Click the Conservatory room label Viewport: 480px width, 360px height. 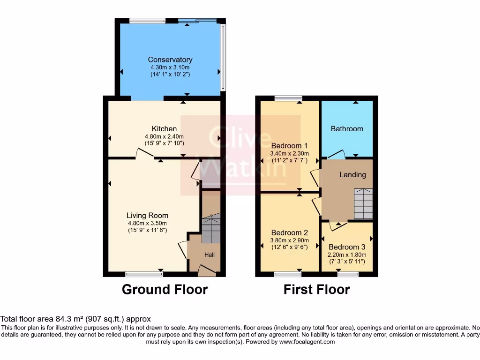[170, 60]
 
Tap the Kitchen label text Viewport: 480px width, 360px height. [164, 129]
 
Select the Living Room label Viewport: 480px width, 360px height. [147, 216]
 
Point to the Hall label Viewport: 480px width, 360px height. [210, 255]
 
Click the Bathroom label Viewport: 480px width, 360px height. [347, 129]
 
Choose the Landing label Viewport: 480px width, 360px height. [352, 175]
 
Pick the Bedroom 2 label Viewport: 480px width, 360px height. [289, 233]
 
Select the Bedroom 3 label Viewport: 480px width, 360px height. [347, 247]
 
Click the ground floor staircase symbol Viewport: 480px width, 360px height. [210, 229]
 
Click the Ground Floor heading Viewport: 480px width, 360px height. [165, 289]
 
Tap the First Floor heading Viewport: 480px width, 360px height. [316, 289]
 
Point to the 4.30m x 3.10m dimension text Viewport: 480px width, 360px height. [170, 67]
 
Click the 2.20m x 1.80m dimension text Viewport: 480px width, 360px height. [347, 255]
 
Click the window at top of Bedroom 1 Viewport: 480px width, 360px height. [289, 98]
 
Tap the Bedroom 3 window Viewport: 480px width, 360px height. [347, 274]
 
